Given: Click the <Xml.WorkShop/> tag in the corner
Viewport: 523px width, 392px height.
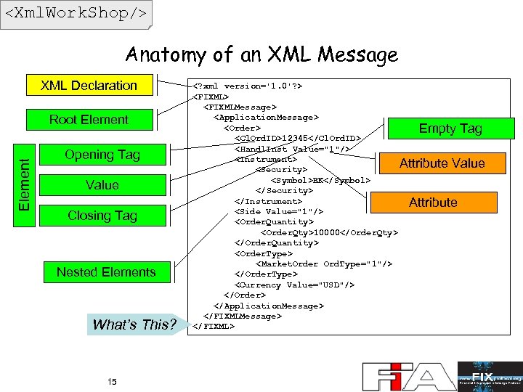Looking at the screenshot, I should [x=76, y=13].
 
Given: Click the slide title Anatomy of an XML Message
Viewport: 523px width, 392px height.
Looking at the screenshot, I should [x=261, y=54].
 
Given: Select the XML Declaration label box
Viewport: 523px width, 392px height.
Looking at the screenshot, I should [x=89, y=86].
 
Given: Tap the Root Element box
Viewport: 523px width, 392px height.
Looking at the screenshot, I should [x=89, y=120].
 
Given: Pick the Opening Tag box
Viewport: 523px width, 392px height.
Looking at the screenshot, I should [x=102, y=155].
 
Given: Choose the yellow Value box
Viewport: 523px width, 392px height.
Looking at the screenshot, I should [x=102, y=185].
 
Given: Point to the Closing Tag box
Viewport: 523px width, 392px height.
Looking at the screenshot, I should [x=102, y=216].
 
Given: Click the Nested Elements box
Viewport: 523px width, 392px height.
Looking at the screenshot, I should [x=106, y=272].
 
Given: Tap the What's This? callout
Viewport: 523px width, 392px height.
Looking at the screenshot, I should [x=134, y=324].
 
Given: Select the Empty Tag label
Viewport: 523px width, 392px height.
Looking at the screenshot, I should [x=450, y=128].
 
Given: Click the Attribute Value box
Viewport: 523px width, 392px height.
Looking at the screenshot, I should [x=442, y=163].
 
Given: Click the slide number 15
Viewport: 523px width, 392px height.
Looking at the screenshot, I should [x=112, y=382].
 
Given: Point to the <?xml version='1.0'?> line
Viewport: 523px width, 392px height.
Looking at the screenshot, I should [x=247, y=86].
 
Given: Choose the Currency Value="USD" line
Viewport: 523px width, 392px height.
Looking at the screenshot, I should [x=295, y=285].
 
